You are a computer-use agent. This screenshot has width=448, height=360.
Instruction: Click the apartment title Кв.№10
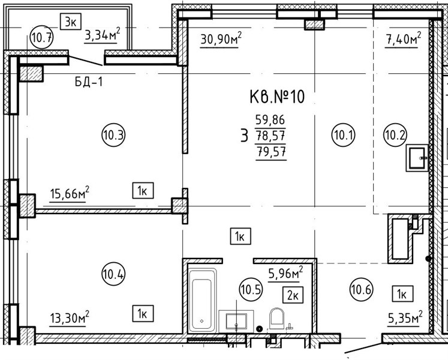coord(277,97)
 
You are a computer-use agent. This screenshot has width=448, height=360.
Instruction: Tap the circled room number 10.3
coord(113,134)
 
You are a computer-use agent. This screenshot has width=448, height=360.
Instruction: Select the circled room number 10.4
coord(113,275)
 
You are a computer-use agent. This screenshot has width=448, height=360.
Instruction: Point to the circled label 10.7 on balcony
coord(42,37)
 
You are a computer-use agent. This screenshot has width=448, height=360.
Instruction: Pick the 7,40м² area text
coord(404,38)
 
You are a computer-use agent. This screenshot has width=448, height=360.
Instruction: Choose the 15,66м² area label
coord(70,193)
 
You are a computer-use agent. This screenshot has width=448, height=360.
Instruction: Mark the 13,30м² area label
coord(70,317)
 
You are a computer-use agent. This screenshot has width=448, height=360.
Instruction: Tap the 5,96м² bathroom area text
coord(285,273)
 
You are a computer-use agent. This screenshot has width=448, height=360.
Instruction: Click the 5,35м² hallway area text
coord(405,317)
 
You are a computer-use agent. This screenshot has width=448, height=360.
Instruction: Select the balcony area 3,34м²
coord(102,35)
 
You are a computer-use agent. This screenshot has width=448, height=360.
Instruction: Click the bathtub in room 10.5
coord(202,300)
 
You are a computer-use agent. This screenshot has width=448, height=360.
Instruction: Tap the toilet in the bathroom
coord(277,318)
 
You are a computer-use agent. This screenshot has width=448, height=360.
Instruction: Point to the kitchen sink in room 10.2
coord(417,158)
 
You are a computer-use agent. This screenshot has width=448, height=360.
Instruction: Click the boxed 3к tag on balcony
coord(71,22)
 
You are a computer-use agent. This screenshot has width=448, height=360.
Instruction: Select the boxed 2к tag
coord(293,295)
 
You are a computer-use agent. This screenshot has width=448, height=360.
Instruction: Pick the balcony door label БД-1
coord(89,82)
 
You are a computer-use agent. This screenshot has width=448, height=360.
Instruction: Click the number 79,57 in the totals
coord(271,151)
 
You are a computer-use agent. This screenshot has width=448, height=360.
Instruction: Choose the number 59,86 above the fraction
coord(270,120)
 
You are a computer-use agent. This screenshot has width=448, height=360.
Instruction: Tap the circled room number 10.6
coord(361,290)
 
